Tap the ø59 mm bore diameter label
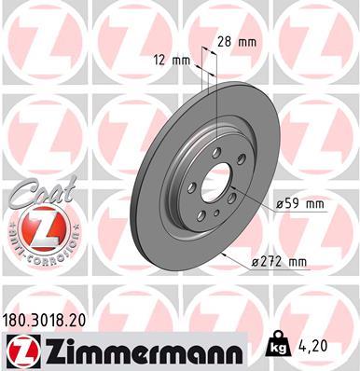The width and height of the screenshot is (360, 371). tap(298, 203)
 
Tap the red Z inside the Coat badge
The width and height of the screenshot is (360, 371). tap(39, 228)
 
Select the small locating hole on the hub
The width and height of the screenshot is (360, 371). tap(215, 214)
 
